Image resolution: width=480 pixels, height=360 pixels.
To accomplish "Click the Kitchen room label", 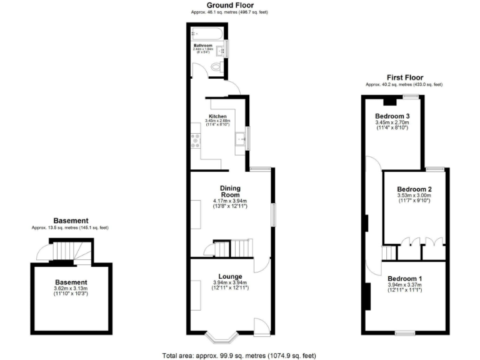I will click(217, 117).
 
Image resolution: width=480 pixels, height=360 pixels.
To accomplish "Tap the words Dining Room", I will click(231, 192).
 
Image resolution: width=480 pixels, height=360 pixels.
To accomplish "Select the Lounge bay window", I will click(222, 337).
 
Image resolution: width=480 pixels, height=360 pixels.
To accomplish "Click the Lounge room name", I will click(230, 276).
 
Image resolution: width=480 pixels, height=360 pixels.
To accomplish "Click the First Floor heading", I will click(404, 77).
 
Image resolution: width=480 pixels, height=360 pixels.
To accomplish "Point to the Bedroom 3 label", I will click(392, 116).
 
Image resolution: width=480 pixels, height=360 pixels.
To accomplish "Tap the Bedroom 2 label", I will click(415, 189).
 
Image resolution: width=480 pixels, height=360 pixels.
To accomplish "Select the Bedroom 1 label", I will click(404, 279).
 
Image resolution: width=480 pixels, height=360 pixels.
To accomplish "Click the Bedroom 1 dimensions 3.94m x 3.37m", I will click(404, 285).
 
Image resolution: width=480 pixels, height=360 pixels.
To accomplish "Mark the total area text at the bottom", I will click(239, 355).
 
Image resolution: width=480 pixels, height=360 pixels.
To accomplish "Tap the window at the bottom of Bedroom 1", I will click(405, 332).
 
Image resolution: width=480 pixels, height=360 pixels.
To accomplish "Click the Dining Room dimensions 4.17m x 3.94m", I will click(230, 201).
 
